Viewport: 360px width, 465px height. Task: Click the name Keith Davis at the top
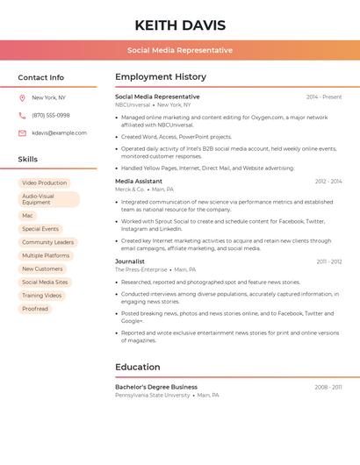pos(180,25)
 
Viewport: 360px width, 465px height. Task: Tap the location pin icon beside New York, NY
pos(22,97)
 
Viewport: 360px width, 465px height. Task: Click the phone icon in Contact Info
pos(22,115)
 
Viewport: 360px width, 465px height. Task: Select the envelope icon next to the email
pos(22,133)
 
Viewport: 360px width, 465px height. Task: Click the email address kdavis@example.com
pos(59,133)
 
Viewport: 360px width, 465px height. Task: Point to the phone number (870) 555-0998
pos(51,115)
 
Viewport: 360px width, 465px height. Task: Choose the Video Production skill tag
pos(44,182)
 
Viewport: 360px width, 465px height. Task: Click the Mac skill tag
pos(27,216)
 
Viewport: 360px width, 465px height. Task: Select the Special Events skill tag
pos(40,229)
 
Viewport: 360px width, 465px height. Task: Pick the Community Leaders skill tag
pos(47,242)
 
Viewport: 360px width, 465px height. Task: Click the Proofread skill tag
pos(35,309)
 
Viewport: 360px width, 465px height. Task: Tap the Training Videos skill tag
pos(42,296)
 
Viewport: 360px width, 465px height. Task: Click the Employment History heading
pos(161,77)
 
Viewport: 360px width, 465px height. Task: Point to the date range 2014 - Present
pos(324,97)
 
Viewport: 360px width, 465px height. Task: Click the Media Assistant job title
pos(139,182)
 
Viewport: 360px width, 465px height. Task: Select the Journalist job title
pos(130,261)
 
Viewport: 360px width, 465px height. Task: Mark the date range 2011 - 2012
pos(329,261)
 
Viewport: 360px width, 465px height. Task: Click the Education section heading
pos(138,367)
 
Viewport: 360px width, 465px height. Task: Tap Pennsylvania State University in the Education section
pos(152,395)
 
